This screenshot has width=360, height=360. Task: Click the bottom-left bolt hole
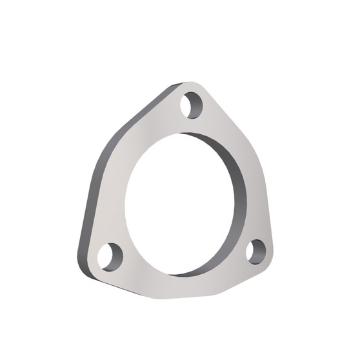(110, 255)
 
